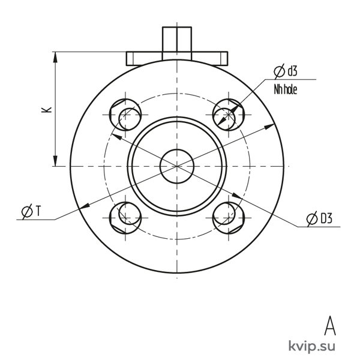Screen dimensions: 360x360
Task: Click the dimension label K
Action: (x=46, y=110)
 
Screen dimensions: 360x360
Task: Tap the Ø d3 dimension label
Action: (x=286, y=71)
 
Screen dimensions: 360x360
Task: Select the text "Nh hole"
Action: (x=286, y=89)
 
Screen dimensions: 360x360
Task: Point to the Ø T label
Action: (x=31, y=211)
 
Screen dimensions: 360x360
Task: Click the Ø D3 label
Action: (x=319, y=218)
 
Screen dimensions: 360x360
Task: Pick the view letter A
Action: (x=330, y=326)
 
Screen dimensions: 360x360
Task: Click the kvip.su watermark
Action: (x=311, y=346)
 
